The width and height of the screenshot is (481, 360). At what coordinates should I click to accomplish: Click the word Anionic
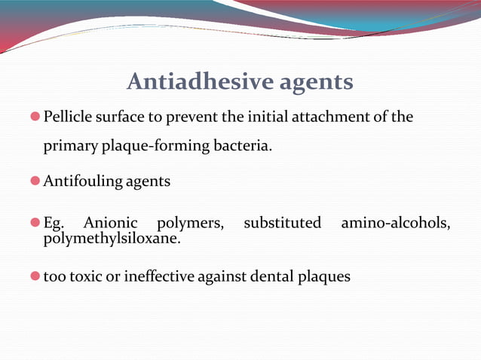click(x=111, y=223)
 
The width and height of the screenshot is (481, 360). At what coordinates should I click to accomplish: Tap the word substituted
click(x=282, y=223)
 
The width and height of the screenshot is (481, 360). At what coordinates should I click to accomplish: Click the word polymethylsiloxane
click(x=112, y=238)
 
